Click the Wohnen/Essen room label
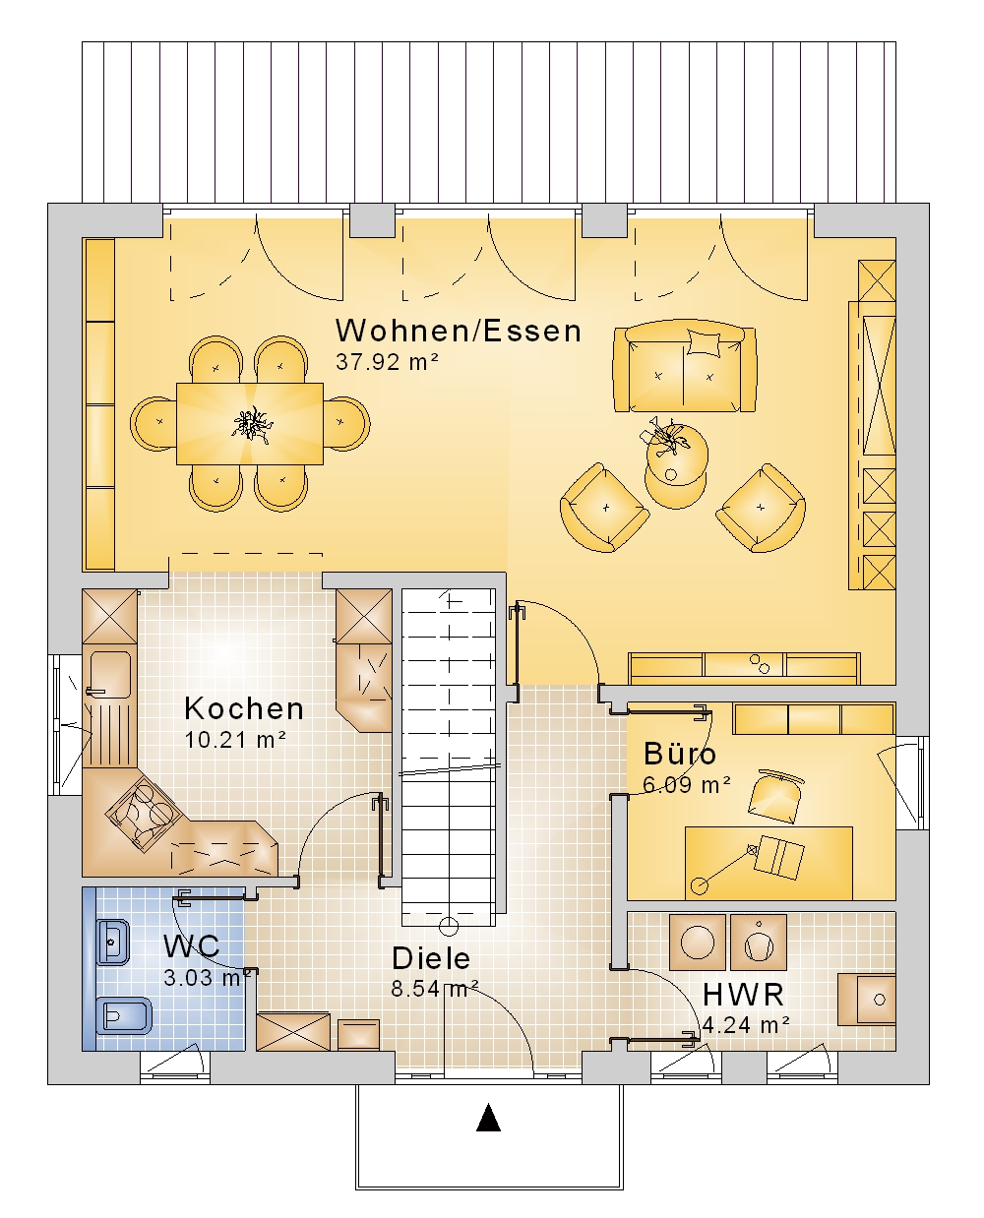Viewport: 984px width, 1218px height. click(x=458, y=331)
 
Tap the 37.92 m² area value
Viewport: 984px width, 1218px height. click(x=387, y=362)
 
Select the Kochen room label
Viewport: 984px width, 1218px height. click(x=244, y=709)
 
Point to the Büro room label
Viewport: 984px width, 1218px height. click(x=679, y=753)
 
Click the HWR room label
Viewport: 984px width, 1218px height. click(x=743, y=995)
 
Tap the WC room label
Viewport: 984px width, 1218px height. click(x=191, y=945)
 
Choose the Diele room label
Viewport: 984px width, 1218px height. click(x=431, y=958)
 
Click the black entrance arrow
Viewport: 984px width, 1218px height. click(x=488, y=1118)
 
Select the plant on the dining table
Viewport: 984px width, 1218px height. click(x=252, y=424)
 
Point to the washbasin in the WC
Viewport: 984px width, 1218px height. click(x=112, y=942)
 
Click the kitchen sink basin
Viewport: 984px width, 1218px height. click(x=110, y=674)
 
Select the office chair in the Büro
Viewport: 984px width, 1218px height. click(x=774, y=796)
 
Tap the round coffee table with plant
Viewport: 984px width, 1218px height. click(x=677, y=455)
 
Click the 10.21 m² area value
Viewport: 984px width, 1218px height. click(x=234, y=740)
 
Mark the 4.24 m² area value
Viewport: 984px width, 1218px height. click(x=746, y=1025)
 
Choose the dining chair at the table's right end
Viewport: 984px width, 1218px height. click(x=346, y=424)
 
